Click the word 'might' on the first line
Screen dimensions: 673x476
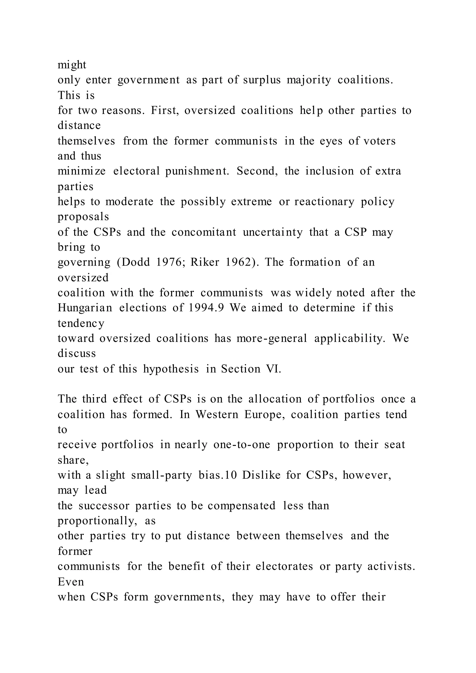(x=72, y=65)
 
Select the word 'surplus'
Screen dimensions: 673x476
(x=262, y=80)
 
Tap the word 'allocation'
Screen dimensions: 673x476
(x=275, y=399)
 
